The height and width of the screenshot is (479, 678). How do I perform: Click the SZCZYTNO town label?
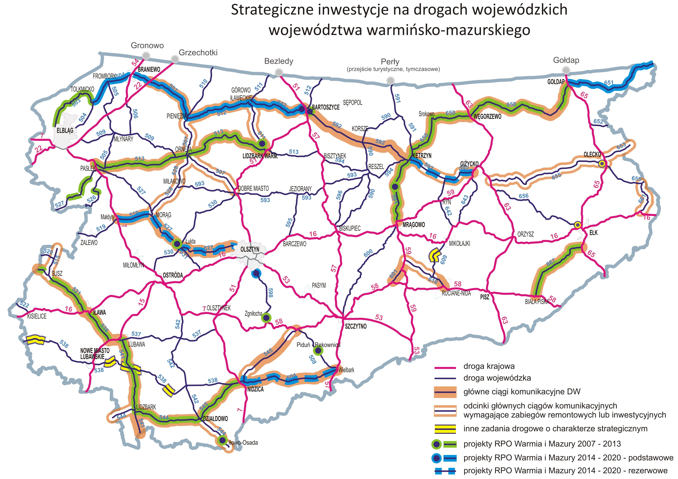pyautogui.click(x=356, y=326)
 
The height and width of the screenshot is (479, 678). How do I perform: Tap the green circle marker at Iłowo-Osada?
pyautogui.click(x=222, y=440)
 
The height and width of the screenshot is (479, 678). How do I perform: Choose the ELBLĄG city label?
pyautogui.click(x=65, y=130)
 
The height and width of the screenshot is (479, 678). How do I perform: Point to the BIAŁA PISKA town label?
pyautogui.click(x=537, y=302)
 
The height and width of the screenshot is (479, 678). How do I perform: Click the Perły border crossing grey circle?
pyautogui.click(x=390, y=81)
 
